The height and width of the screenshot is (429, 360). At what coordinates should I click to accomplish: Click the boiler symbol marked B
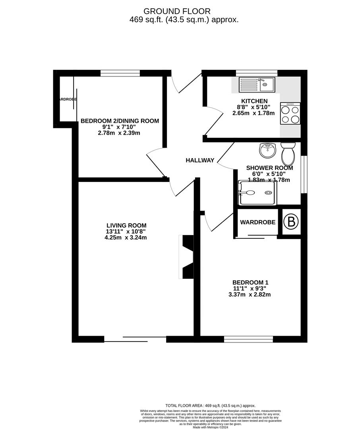tap(291, 222)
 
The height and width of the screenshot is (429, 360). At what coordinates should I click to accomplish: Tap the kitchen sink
tap(257, 84)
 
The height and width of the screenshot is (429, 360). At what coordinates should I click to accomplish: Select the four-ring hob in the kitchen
tap(290, 114)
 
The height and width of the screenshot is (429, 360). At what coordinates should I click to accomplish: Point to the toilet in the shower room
tap(288, 154)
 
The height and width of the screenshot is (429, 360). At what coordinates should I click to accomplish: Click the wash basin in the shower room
tap(267, 150)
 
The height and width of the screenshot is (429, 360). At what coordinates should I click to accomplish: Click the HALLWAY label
tap(200, 160)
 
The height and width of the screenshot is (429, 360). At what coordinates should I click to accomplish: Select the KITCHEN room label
tap(254, 101)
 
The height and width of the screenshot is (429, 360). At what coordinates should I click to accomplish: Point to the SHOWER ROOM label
tap(269, 168)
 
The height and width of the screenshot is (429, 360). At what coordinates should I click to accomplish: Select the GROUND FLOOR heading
tap(177, 11)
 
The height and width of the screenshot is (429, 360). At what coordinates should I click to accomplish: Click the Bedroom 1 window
tap(248, 339)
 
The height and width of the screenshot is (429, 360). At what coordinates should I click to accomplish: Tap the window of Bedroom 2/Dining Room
tap(120, 73)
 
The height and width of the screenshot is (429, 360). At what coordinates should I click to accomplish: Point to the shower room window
tap(304, 174)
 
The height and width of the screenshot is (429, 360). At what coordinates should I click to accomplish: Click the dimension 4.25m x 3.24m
tap(126, 238)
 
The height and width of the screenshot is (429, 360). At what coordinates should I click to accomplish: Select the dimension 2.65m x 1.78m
tap(254, 113)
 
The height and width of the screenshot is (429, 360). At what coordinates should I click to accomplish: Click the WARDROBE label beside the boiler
tap(257, 222)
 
